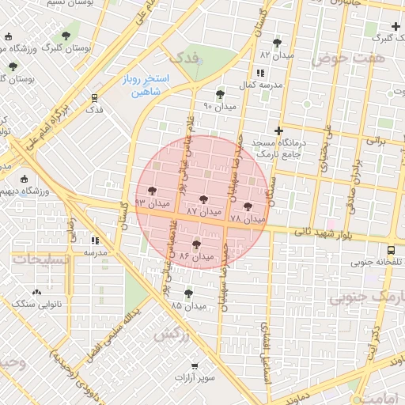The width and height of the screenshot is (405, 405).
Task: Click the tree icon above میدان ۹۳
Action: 150,190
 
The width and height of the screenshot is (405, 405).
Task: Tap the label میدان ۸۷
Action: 203,213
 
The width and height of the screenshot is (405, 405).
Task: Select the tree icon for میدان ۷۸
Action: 248,206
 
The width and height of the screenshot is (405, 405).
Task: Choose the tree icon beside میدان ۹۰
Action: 220,94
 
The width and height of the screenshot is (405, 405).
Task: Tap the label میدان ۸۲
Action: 277,56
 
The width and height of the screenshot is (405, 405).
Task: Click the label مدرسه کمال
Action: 262,85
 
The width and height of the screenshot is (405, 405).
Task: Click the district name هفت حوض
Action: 347,59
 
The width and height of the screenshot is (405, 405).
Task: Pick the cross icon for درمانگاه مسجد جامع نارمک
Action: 278,130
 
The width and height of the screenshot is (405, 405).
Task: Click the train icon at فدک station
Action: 95,99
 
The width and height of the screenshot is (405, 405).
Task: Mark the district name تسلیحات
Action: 32,259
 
